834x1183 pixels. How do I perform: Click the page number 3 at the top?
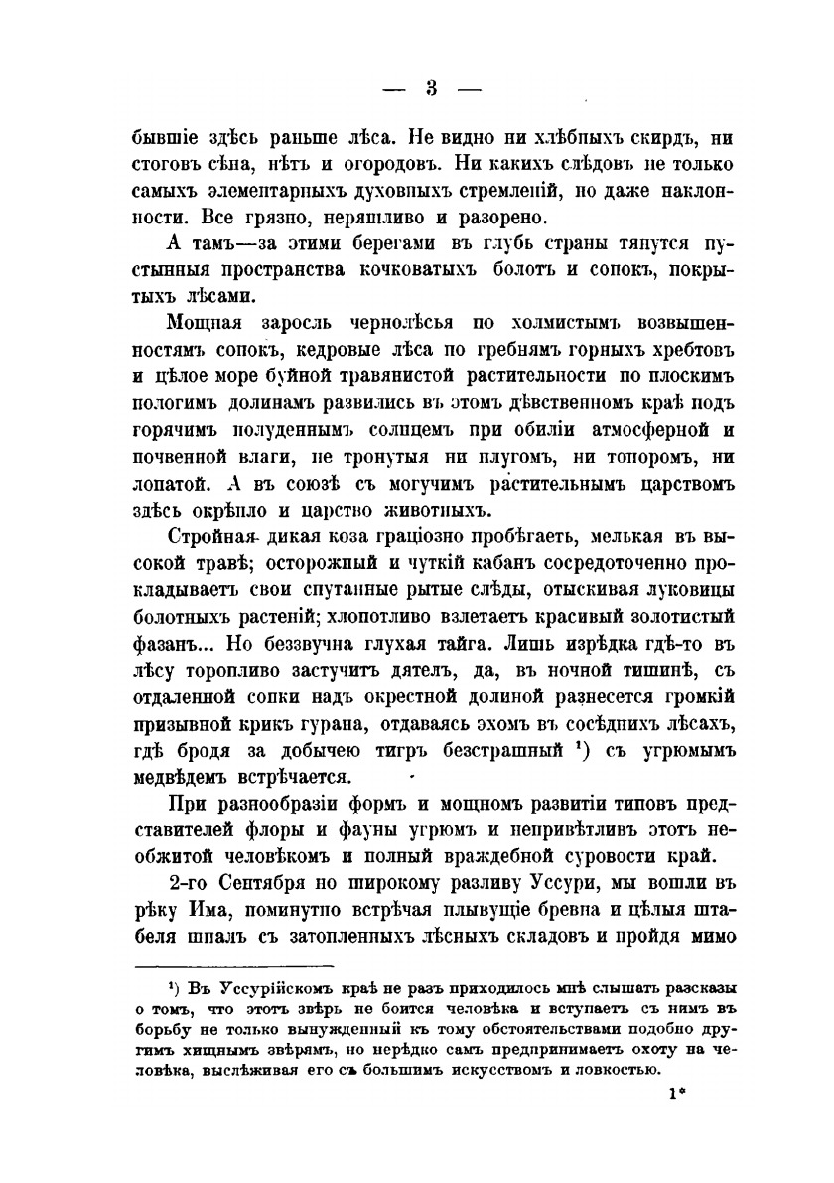coord(432,88)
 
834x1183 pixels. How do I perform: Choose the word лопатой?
coord(174,486)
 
